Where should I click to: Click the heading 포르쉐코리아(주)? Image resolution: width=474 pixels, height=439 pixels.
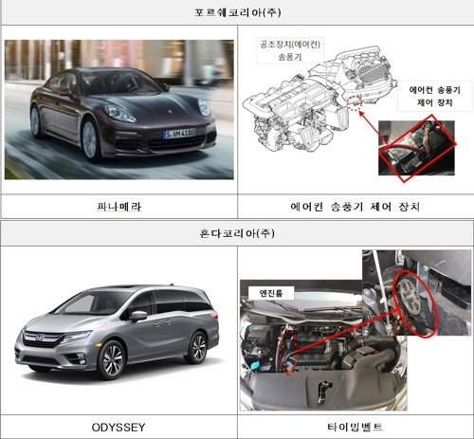237,12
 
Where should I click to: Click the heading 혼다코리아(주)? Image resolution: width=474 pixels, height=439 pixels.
237,233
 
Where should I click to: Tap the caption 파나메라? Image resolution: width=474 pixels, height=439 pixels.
119,207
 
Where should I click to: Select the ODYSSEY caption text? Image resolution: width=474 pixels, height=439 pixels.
118,428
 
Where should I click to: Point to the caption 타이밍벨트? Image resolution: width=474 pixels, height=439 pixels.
355,427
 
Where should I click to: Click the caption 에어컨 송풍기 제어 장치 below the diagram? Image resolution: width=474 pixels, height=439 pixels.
355,207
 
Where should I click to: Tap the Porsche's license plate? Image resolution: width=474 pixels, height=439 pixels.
179,134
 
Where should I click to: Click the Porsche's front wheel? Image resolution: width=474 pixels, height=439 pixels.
91,140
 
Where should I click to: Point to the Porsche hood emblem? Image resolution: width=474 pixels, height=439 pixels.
170,112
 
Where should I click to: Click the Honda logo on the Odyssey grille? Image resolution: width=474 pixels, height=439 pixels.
40,338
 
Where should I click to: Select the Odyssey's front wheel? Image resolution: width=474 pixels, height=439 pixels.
111,360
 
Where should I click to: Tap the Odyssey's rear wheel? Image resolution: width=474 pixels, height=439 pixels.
197,347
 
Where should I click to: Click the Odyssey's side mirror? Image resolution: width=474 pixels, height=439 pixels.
139,315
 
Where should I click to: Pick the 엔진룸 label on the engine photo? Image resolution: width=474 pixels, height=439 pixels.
271,293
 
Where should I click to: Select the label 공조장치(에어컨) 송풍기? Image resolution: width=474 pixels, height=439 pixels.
290,50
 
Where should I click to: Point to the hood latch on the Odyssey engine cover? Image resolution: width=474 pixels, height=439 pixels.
323,391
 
